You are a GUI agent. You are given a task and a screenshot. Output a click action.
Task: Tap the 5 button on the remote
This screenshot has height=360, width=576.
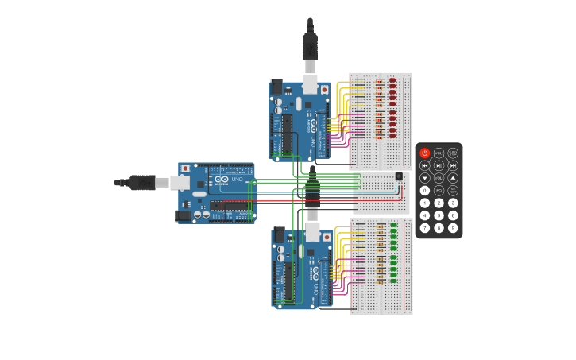point(439,215)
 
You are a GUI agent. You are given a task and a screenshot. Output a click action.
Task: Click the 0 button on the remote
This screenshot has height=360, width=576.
point(425,191)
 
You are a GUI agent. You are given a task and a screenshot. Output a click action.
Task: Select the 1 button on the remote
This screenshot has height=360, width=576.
point(425,203)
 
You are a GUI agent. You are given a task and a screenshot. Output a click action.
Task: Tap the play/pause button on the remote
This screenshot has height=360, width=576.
point(439,165)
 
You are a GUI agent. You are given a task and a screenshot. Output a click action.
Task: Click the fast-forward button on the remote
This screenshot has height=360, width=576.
point(453,165)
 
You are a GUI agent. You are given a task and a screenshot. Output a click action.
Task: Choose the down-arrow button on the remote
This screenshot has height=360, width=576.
point(425,178)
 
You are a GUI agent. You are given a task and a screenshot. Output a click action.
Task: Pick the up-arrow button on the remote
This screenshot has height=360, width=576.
point(453,178)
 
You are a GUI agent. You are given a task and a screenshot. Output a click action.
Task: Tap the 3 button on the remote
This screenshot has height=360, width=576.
point(453,203)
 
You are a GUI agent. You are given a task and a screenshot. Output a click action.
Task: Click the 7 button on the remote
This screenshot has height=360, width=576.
point(425,228)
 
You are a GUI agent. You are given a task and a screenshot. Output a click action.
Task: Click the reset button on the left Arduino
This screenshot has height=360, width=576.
point(185,168)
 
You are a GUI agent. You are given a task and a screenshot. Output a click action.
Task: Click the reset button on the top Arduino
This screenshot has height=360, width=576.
point(324,90)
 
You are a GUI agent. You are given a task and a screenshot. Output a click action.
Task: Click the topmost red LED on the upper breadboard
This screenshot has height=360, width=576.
point(392,80)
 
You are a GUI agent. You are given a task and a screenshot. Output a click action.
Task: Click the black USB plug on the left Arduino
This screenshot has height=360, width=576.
point(141,183)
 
